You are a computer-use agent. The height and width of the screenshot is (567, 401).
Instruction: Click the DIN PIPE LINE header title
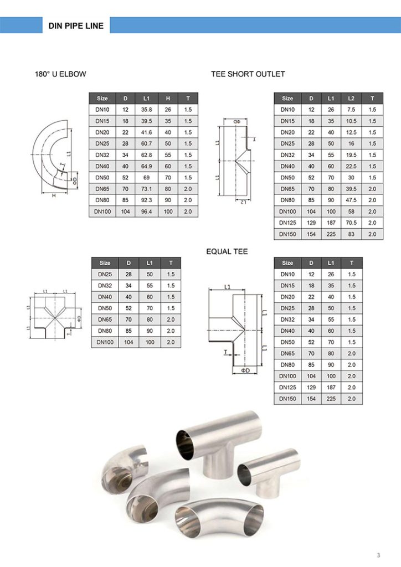coord(76,25)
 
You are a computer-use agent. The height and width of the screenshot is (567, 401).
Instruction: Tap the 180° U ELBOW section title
coord(61,74)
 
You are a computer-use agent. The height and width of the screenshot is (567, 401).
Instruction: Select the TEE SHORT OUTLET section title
coord(248,74)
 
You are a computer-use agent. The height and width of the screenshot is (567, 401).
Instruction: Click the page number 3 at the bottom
coord(378,555)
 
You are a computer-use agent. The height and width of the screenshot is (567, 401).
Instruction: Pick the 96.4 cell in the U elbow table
coord(147,211)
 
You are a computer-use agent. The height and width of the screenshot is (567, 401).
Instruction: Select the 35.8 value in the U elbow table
coord(147,110)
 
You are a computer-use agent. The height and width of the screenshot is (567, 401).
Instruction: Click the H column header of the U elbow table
coord(168,98)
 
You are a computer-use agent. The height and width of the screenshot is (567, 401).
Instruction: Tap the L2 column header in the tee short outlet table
coord(351,98)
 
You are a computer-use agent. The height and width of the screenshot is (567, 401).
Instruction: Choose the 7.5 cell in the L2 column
coord(351,110)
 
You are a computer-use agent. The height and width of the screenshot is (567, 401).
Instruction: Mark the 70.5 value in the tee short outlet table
coord(351,223)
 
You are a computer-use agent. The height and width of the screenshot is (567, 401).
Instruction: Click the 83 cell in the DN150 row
coord(351,234)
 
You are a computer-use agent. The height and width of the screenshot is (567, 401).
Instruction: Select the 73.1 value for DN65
coord(147,189)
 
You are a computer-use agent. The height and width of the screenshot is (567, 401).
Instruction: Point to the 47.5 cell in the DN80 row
coord(351,200)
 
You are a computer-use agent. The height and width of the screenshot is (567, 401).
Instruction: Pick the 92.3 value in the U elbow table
coord(147,200)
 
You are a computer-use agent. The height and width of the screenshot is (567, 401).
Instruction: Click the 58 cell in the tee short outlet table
coord(351,211)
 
